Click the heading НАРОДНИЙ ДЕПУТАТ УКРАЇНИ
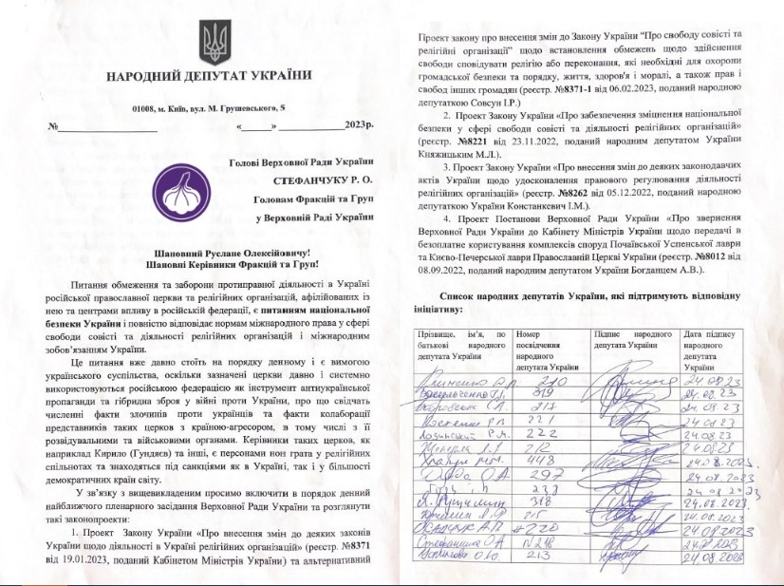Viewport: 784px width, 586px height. coord(209,76)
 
